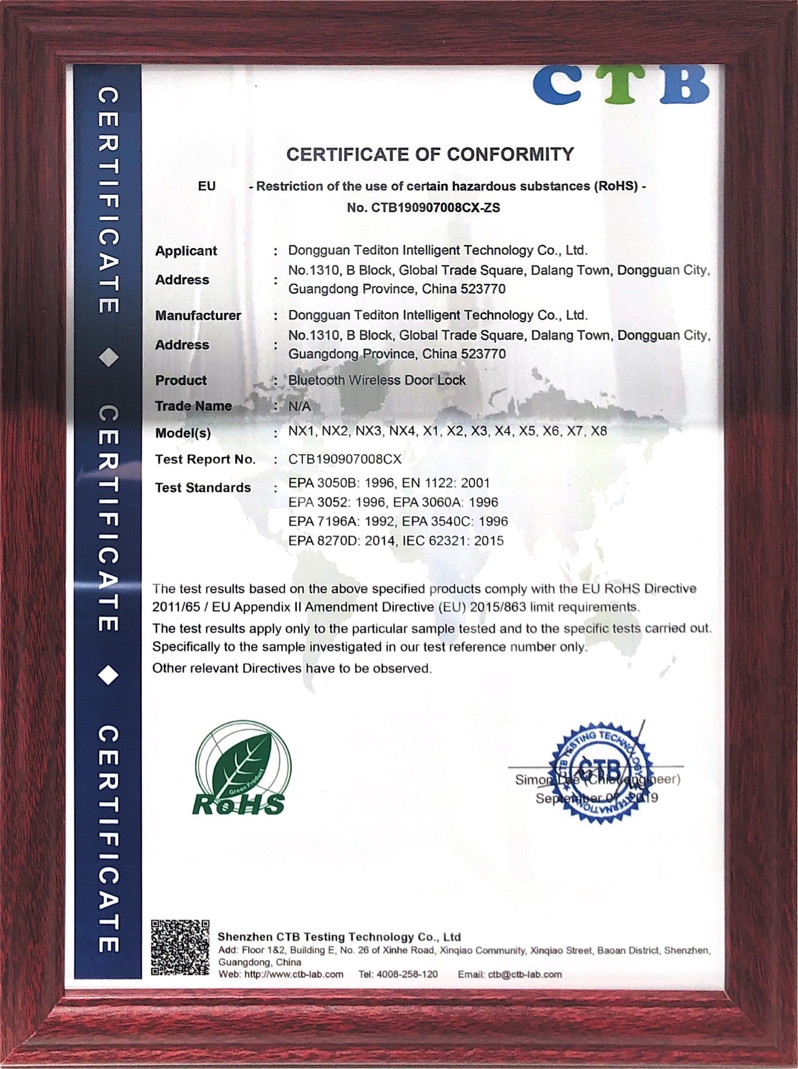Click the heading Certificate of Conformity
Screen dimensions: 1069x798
click(430, 155)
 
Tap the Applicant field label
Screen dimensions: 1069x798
click(186, 251)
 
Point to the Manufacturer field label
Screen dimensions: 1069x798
click(198, 316)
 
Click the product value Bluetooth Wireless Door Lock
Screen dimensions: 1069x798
click(377, 381)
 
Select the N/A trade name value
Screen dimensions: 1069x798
click(299, 406)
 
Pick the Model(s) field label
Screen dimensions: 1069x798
click(183, 433)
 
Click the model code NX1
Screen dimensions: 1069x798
click(301, 431)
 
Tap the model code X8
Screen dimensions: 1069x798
click(598, 431)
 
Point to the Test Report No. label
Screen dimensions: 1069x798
click(205, 460)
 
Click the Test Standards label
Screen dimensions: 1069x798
click(203, 488)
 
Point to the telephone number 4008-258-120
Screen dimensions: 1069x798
click(407, 975)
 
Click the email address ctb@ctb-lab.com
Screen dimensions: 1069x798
click(525, 975)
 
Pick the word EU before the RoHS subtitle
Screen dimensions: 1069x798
click(207, 186)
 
